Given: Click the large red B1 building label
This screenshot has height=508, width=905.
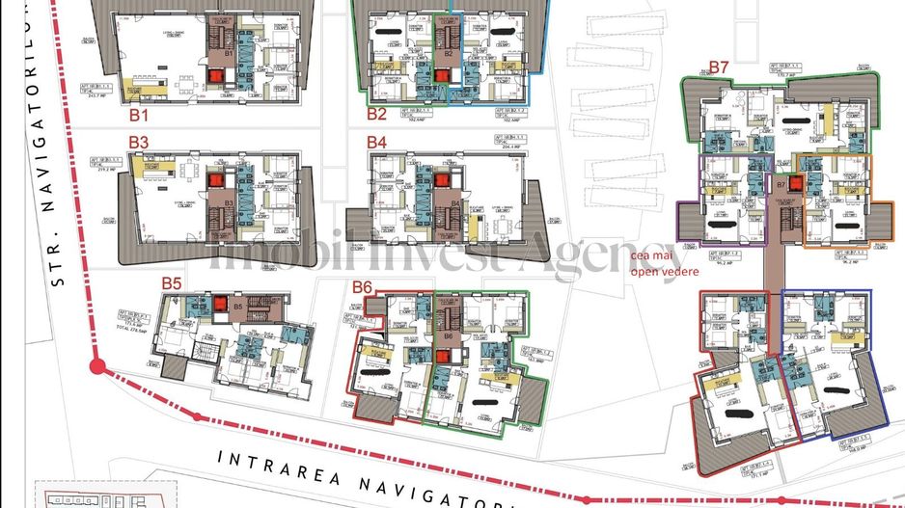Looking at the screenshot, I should (x=139, y=115).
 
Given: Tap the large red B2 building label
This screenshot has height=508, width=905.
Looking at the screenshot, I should (x=376, y=114).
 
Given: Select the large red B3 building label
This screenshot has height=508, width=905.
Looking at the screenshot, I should (x=139, y=142).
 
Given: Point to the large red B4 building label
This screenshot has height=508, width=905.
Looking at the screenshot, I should (x=376, y=142).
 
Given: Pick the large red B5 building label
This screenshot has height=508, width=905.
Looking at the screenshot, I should (x=172, y=283).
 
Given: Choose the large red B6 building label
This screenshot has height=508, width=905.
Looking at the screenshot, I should (x=363, y=286).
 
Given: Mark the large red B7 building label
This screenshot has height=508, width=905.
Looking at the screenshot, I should (x=719, y=67).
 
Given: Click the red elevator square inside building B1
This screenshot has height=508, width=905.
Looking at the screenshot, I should (x=215, y=76).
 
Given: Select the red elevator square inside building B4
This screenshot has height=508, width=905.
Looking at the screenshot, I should (x=442, y=180).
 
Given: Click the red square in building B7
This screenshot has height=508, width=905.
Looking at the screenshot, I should (x=796, y=183).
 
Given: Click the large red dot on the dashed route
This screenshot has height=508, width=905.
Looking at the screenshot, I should (x=95, y=366).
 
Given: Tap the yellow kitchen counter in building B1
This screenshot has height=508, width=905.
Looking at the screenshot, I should (x=154, y=94).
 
